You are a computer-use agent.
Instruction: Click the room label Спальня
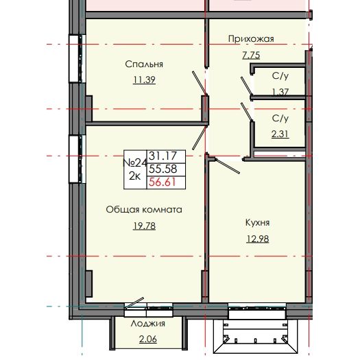point(144,64)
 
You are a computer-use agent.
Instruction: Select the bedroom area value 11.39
point(144,80)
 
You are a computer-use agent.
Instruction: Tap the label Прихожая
point(251,39)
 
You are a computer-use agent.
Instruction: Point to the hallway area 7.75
point(251,54)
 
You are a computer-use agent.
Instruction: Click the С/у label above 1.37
point(280,76)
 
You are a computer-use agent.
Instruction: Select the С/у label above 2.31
point(280,119)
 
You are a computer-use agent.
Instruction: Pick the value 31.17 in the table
point(162,157)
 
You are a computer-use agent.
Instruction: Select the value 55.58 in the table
point(162,169)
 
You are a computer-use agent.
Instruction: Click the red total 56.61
point(162,182)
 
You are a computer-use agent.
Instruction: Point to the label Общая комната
point(143,210)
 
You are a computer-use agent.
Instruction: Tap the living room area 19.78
point(143,225)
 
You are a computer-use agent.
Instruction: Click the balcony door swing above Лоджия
point(134,304)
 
